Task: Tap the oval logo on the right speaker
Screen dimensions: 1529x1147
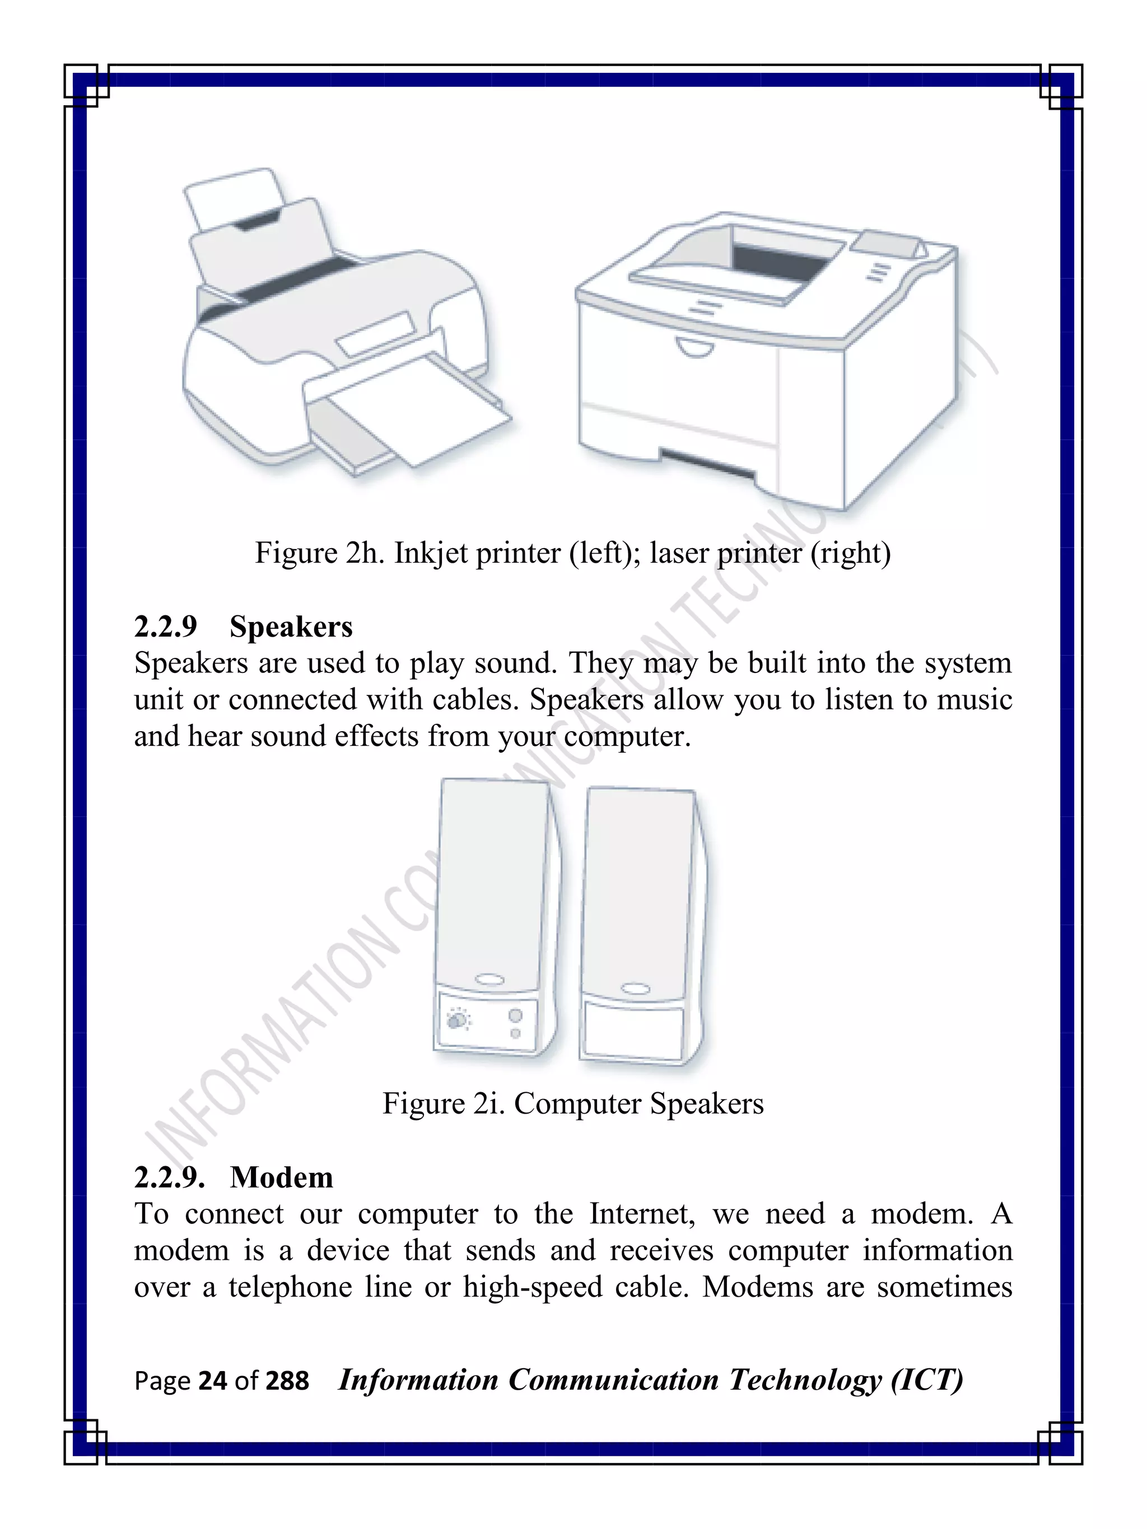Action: pos(635,989)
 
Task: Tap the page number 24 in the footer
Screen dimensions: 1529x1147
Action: pos(212,1381)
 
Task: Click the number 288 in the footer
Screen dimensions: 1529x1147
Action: pos(287,1381)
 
